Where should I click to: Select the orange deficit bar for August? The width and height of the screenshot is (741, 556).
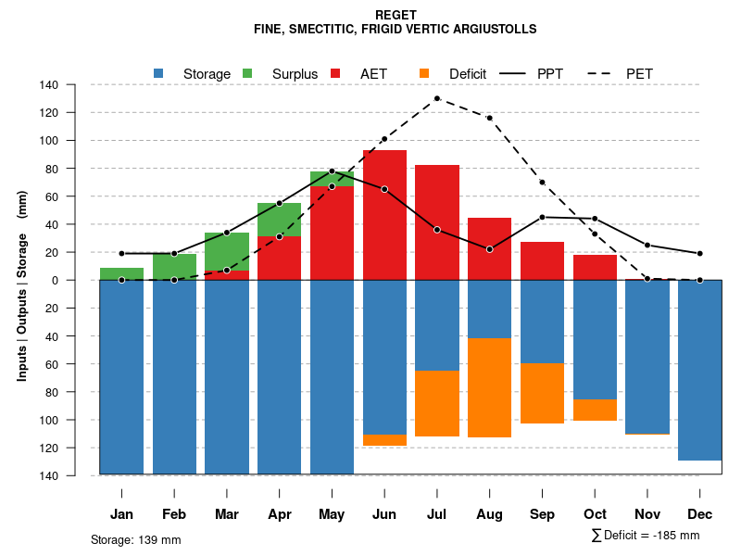489,387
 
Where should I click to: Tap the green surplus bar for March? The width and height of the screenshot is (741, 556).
227,251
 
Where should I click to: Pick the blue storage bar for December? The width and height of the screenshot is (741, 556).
700,370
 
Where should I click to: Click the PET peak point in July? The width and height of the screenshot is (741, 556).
437,98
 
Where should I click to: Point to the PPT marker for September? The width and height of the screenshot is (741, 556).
542,217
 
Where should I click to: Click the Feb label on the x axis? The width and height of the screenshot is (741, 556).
174,514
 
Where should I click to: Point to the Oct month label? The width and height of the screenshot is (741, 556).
595,514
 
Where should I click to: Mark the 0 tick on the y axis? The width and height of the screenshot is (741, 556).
81,280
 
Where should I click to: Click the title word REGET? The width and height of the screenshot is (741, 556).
396,15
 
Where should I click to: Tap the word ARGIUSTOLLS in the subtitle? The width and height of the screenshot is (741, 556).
493,30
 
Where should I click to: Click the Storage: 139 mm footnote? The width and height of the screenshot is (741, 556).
136,539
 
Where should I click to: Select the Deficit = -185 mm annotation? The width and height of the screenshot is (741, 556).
646,536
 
